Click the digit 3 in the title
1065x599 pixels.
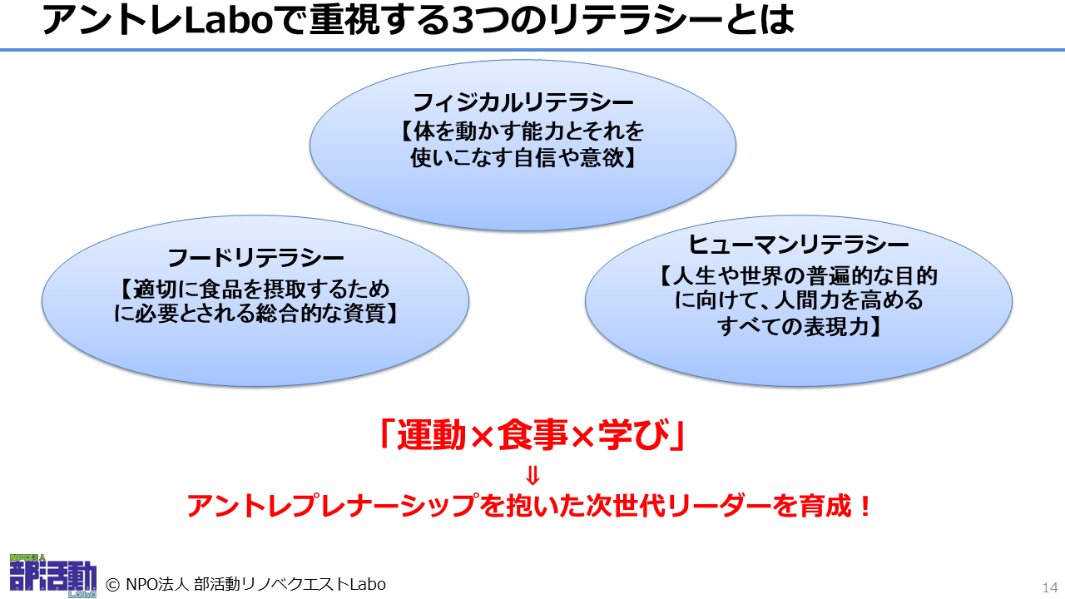[x=463, y=21]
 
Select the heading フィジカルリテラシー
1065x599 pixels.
[x=523, y=102]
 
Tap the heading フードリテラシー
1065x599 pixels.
[x=255, y=258]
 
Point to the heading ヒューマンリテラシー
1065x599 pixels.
[x=798, y=245]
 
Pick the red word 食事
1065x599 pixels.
[x=532, y=434]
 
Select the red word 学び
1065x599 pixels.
[x=634, y=434]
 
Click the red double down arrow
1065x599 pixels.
[x=533, y=475]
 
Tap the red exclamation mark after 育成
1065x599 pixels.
[x=865, y=506]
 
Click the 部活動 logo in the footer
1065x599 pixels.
[x=52, y=576]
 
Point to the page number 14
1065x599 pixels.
[x=1050, y=587]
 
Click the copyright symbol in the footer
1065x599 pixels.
[x=112, y=585]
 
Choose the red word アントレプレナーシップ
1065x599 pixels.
[x=331, y=506]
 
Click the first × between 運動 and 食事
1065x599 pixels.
[x=482, y=437]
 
